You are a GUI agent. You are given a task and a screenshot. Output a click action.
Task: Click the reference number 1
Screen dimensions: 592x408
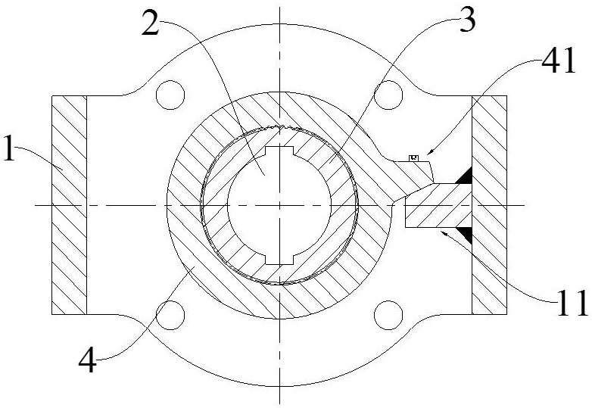pos(8,149)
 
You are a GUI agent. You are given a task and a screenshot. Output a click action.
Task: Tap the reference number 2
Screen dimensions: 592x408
pos(151,23)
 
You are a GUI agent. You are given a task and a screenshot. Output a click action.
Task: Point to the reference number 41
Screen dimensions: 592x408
pos(559,61)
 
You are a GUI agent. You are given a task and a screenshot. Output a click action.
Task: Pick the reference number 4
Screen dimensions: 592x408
pos(87,360)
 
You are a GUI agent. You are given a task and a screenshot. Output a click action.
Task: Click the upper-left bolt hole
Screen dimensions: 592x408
pos(170,95)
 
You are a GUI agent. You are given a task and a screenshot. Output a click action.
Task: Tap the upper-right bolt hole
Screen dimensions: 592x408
pos(388,95)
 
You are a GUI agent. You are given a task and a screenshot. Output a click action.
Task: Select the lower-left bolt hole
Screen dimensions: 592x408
pos(170,315)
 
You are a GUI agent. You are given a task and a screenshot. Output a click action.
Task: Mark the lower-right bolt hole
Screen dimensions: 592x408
pos(388,315)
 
